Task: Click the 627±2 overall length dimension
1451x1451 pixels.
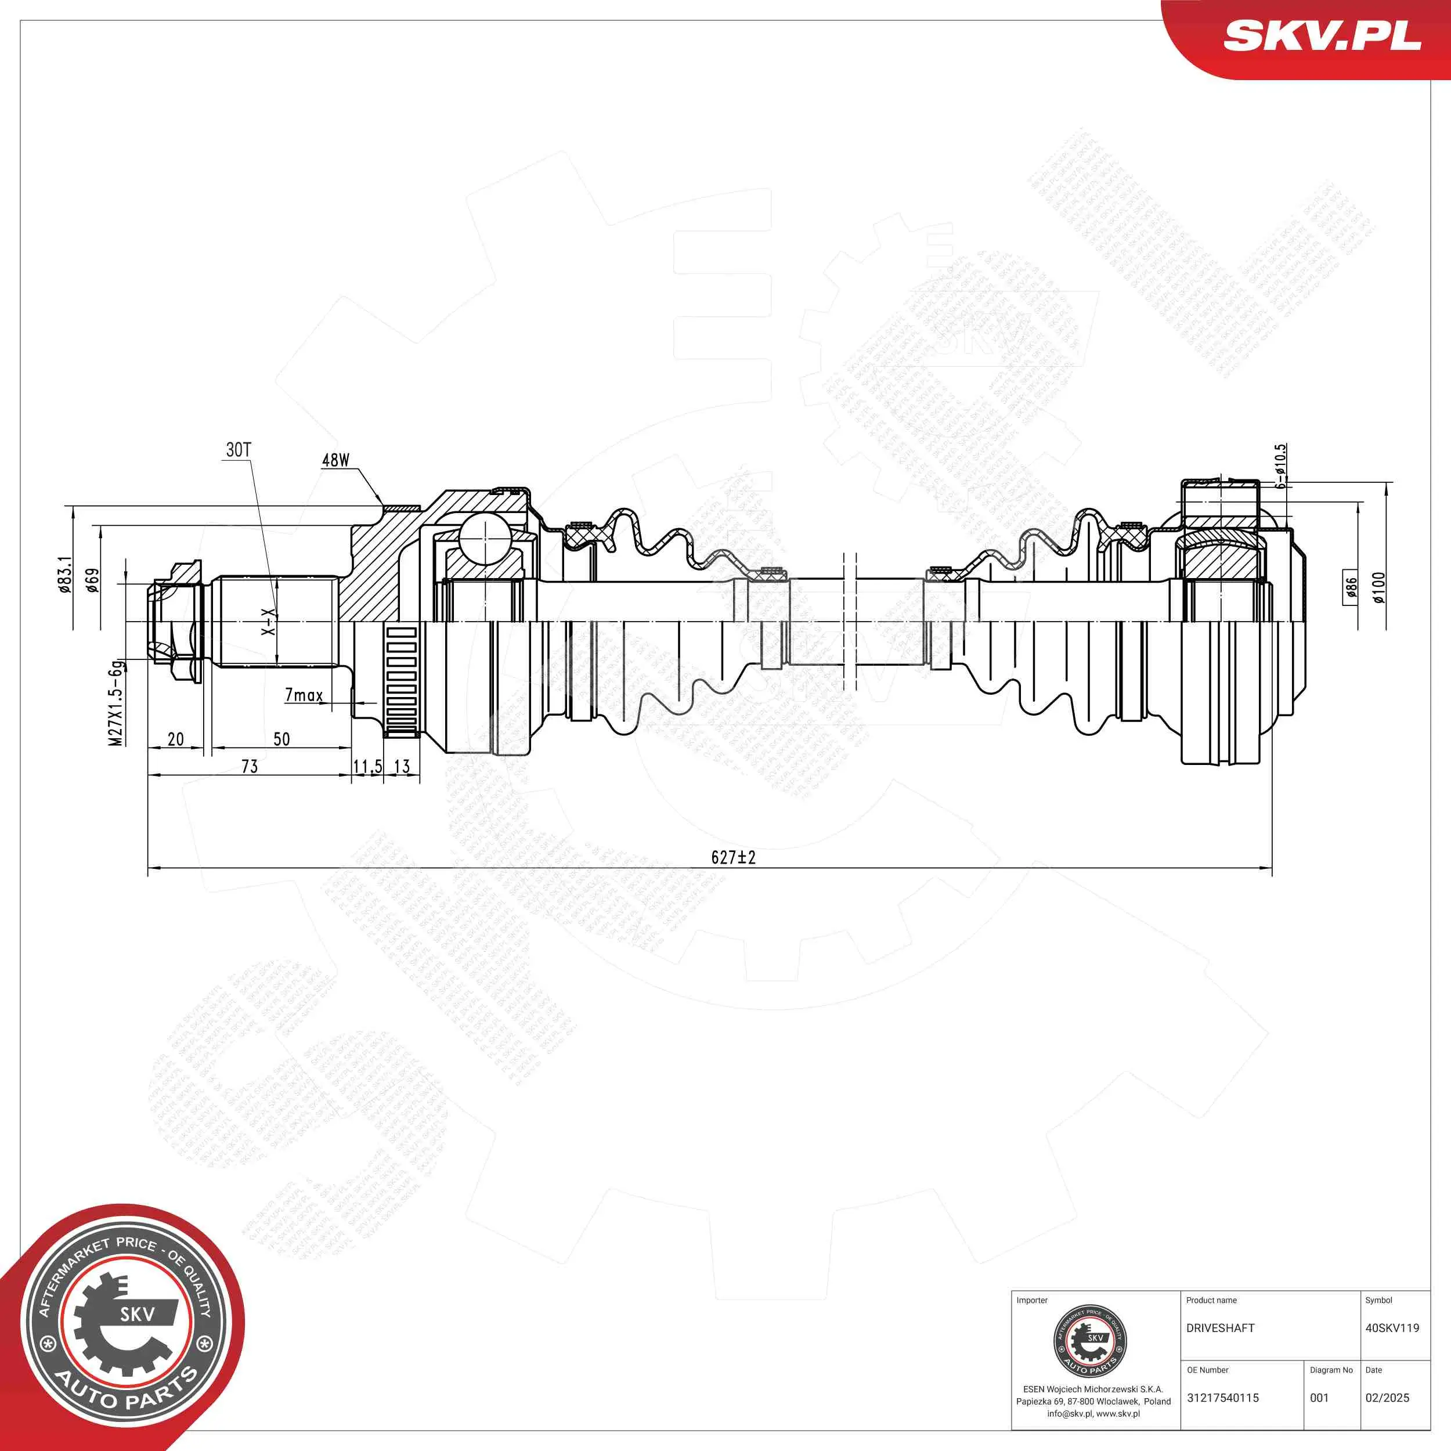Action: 733,857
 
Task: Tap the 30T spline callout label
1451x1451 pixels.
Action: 239,450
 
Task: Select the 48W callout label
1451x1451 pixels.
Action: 335,460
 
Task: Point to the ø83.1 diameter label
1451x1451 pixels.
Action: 66,574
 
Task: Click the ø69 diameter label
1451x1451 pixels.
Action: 92,580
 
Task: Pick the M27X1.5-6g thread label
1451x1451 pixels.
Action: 115,703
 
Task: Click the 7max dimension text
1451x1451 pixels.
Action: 304,695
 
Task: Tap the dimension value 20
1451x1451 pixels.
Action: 175,739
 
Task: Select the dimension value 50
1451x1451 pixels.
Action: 281,739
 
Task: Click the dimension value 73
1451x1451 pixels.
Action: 250,767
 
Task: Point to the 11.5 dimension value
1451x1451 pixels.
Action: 367,767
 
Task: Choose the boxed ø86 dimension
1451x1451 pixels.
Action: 1351,587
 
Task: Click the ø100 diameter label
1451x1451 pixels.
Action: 1378,587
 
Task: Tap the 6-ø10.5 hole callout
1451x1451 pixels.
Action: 1280,465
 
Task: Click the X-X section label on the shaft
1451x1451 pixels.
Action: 268,621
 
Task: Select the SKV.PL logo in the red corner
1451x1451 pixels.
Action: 1322,35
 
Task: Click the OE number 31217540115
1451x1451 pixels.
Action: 1223,1398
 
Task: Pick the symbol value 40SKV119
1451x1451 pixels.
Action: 1392,1328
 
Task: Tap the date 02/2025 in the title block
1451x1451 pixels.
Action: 1387,1398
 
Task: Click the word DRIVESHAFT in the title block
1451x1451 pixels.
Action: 1221,1328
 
